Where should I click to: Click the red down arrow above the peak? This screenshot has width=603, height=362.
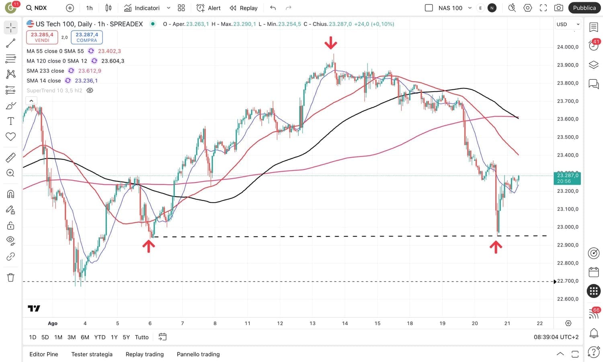331,42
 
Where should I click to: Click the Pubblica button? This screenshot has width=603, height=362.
584,8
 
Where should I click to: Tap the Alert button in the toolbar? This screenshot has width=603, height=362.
209,8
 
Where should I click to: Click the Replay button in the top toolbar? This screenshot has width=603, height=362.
244,8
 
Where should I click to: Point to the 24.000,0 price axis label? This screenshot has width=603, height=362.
568,47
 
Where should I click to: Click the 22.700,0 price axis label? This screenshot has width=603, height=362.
568,281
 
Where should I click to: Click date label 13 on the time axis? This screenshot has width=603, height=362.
312,323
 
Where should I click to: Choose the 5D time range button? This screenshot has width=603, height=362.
45,337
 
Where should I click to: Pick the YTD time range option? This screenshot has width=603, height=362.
100,337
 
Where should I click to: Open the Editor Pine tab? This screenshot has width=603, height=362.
44,354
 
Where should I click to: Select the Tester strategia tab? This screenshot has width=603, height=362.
92,354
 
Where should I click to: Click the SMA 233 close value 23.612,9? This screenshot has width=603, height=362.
90,71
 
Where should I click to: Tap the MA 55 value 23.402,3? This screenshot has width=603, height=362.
109,51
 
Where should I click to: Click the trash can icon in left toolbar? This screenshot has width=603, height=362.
11,277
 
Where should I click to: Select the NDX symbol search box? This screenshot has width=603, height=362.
37,8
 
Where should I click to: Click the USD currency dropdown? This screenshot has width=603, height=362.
568,24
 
